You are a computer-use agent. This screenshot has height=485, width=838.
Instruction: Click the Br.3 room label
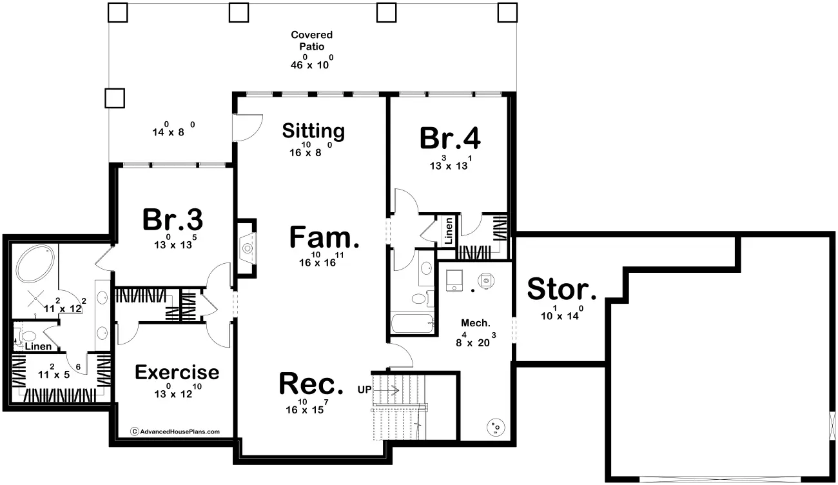click(173, 220)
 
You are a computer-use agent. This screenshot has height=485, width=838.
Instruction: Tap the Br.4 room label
click(450, 138)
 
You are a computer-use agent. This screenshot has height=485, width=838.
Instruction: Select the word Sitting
click(313, 131)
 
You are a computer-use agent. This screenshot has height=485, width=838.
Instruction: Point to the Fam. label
click(324, 237)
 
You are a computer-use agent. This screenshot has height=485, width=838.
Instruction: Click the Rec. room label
click(311, 384)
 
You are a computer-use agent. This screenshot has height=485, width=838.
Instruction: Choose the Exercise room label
click(177, 372)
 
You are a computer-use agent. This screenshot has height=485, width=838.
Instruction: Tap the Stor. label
click(561, 289)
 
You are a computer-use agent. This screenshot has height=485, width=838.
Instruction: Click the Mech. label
click(476, 323)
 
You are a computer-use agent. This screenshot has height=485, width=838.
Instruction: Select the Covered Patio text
click(311, 41)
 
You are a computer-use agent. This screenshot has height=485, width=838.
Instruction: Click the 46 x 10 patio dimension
click(311, 63)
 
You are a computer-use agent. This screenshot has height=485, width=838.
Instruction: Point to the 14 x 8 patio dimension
click(173, 130)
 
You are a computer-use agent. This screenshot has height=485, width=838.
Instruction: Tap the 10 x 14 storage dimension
click(562, 313)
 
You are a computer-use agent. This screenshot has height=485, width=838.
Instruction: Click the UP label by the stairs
click(364, 390)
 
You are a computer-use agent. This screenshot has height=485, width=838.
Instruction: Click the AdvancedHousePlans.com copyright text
click(175, 431)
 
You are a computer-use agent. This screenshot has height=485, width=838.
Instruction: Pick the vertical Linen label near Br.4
click(449, 231)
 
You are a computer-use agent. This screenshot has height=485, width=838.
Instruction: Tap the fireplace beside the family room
click(247, 248)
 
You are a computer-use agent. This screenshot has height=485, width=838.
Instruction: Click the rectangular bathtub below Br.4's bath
click(413, 323)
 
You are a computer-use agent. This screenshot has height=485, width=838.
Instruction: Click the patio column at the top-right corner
click(507, 12)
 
